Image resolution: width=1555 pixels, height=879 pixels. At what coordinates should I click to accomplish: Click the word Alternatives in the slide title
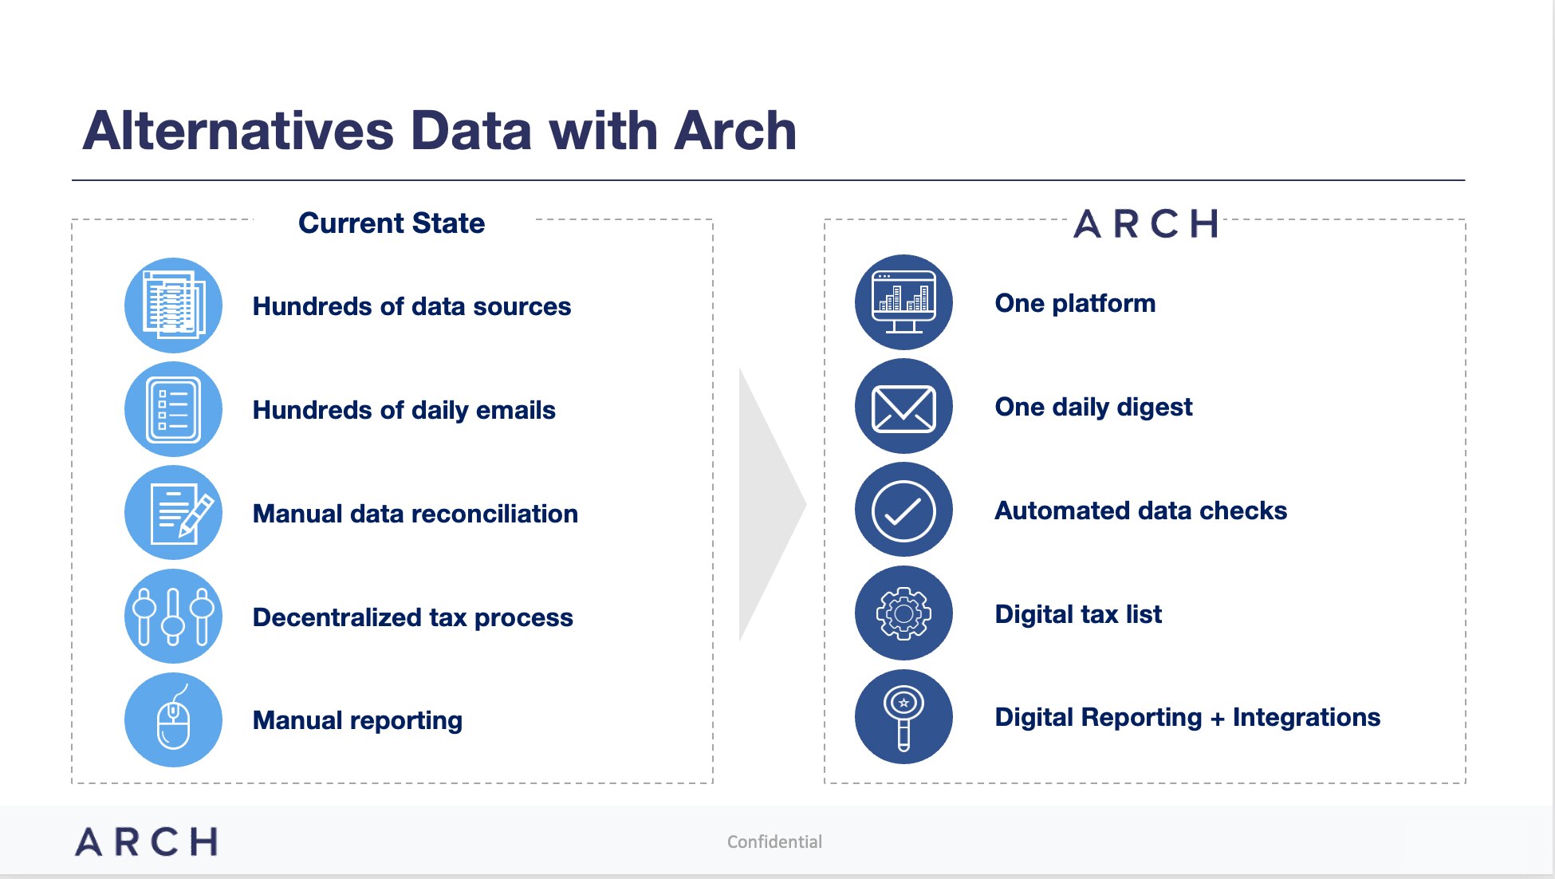click(x=238, y=131)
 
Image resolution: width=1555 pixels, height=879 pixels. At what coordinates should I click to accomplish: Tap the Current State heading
click(x=391, y=223)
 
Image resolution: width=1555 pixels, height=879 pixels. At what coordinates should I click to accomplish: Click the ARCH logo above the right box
click(x=1145, y=224)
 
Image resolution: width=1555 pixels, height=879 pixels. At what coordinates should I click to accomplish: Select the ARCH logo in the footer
click(x=146, y=842)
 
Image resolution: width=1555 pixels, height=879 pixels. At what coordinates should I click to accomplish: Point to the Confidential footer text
click(x=774, y=842)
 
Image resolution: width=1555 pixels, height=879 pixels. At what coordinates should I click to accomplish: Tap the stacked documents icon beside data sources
click(x=173, y=305)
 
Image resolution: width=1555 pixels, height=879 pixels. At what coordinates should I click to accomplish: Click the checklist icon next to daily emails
click(x=173, y=409)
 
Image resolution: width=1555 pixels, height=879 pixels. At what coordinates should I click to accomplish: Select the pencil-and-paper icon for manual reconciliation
click(x=173, y=513)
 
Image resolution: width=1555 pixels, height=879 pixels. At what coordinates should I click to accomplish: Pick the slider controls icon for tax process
click(x=173, y=617)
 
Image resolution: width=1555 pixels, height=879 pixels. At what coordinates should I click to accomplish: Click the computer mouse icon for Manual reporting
click(x=173, y=720)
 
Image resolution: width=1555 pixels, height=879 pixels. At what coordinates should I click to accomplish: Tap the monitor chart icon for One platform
click(x=903, y=302)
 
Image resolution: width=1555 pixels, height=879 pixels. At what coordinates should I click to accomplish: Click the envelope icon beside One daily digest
click(x=903, y=407)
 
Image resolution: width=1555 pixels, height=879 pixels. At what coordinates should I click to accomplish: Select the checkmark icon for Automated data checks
click(x=903, y=510)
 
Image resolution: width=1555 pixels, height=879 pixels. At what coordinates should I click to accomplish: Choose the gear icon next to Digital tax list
click(x=903, y=613)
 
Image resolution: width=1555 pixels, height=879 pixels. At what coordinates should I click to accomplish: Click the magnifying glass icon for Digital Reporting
click(x=903, y=717)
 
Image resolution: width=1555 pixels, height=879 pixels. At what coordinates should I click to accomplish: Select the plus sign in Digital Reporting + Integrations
click(x=1217, y=719)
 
